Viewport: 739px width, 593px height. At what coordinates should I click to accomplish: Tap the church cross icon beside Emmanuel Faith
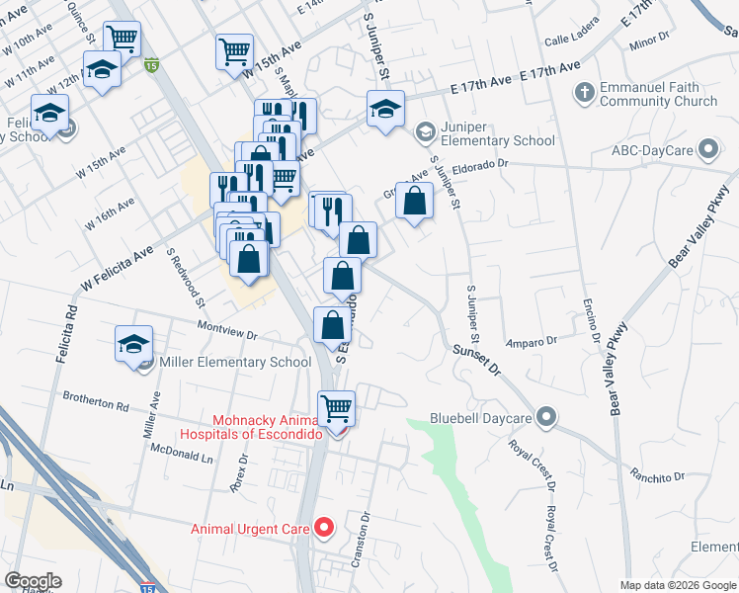click(x=584, y=93)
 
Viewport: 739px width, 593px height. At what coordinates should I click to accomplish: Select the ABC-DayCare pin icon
click(x=707, y=150)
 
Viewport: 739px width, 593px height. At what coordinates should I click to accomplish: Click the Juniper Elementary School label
click(x=498, y=132)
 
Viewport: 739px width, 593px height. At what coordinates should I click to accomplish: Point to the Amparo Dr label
click(x=533, y=342)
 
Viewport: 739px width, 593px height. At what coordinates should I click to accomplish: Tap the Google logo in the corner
click(x=33, y=581)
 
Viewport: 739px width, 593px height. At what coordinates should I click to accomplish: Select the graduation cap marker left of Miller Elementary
click(x=133, y=344)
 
